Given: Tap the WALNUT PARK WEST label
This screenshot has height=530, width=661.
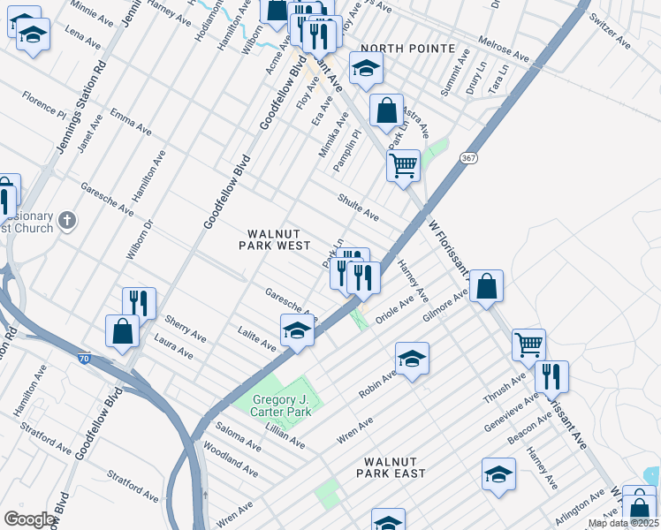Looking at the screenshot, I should pyautogui.click(x=274, y=239).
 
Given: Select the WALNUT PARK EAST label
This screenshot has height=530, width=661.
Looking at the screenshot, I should pyautogui.click(x=391, y=467).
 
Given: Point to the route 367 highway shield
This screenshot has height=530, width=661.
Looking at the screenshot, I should pyautogui.click(x=467, y=156).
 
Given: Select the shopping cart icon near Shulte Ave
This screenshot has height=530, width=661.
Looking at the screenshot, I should pyautogui.click(x=403, y=164).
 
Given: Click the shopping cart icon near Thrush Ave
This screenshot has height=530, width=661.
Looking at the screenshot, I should pyautogui.click(x=528, y=344).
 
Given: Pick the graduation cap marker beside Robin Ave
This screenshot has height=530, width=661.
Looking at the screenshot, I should pyautogui.click(x=412, y=359).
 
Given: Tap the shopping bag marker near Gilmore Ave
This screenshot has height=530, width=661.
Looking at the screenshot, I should pyautogui.click(x=486, y=286).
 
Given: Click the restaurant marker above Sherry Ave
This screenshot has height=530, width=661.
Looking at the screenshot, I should pyautogui.click(x=139, y=302).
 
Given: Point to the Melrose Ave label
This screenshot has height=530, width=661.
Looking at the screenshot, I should pyautogui.click(x=503, y=49).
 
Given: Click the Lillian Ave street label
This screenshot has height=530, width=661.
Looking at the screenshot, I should pyautogui.click(x=285, y=436).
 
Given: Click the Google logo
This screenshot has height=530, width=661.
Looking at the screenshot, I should pyautogui.click(x=29, y=519).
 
